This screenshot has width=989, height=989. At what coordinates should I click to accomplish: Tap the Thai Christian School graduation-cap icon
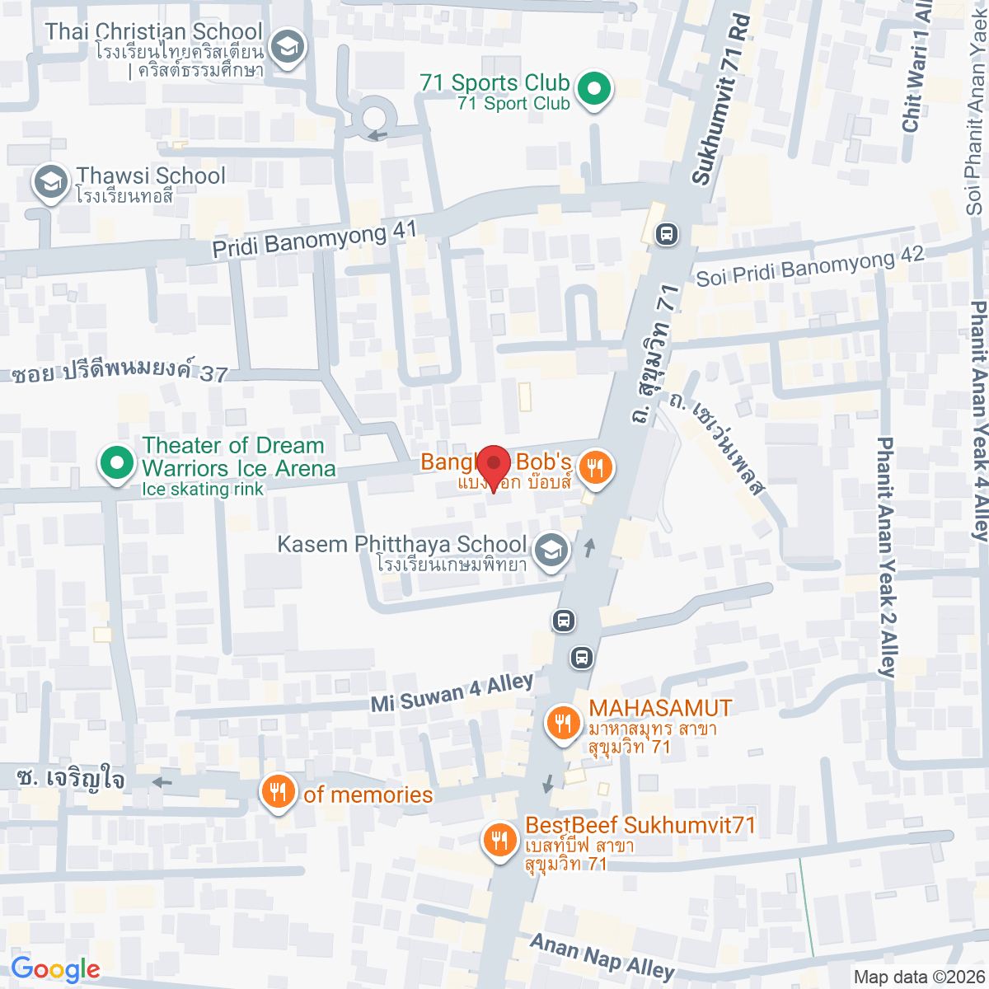tap(288, 47)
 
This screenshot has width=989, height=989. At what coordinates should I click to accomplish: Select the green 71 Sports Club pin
tap(592, 89)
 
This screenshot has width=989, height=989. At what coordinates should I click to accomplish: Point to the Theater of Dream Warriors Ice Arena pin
tap(116, 463)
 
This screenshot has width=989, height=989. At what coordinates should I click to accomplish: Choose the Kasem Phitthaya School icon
tap(551, 551)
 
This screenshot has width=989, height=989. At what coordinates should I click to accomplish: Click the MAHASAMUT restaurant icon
tap(563, 724)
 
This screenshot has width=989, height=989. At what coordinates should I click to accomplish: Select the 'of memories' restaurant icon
tap(279, 793)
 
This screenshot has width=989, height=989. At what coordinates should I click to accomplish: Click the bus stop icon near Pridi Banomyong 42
tap(666, 235)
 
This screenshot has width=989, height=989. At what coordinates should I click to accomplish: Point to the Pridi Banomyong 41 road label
tap(314, 238)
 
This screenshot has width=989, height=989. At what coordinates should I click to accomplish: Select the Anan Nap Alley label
tap(602, 957)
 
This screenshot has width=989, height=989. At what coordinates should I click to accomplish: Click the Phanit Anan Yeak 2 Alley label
tap(886, 556)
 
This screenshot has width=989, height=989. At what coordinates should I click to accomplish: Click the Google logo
tap(55, 970)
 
